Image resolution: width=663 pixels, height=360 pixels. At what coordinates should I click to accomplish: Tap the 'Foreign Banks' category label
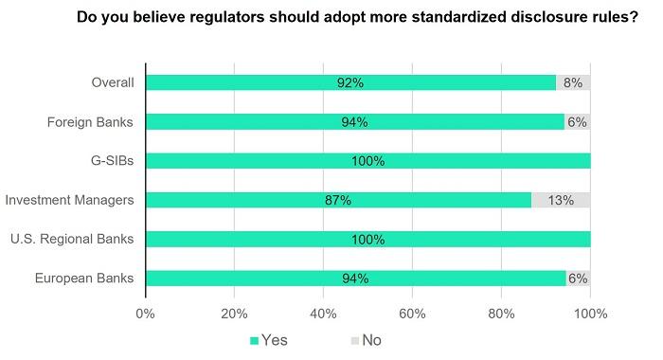point(91,121)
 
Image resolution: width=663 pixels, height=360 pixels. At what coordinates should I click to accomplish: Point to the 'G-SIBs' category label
point(111,160)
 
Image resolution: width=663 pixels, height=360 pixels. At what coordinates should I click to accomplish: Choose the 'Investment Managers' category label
point(71,200)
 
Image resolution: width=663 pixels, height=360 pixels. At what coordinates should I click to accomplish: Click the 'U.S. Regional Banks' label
point(72,239)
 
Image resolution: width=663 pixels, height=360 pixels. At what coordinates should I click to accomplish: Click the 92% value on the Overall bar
point(350,82)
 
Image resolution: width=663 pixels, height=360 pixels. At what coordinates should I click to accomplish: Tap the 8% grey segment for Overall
point(574,82)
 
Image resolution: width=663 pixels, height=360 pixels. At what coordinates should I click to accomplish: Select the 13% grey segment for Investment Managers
point(562,200)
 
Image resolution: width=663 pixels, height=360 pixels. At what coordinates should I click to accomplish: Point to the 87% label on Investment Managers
point(337,200)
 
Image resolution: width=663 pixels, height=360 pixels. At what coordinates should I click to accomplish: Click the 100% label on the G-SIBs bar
point(367,160)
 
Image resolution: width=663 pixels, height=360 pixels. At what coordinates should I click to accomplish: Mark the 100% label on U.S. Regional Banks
point(367,239)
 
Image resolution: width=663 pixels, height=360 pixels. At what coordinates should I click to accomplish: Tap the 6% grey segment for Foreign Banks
point(578,121)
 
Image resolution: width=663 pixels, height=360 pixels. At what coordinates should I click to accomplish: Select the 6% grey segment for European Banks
point(578,278)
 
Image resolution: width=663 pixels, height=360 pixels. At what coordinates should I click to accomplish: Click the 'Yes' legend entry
point(268,339)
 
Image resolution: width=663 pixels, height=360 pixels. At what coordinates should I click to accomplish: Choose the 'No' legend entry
point(365,339)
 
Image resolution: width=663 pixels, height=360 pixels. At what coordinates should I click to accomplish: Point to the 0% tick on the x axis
point(145,314)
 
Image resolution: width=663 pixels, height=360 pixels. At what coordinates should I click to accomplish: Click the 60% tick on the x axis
point(412,314)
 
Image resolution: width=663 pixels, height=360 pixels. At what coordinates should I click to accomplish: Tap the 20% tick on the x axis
point(234,314)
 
